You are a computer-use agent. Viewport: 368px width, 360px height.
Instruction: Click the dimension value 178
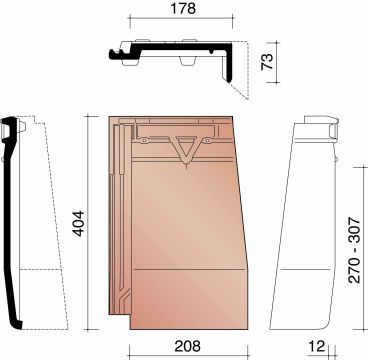tap(183, 8)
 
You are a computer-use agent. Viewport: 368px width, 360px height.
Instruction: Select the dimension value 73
tap(267, 61)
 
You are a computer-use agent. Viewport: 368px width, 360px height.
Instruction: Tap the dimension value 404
tap(79, 223)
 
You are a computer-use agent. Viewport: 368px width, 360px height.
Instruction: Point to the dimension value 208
tap(188, 346)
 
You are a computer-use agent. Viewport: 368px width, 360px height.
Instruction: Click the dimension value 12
tap(315, 346)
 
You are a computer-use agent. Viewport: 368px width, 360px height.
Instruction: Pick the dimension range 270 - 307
tap(354, 250)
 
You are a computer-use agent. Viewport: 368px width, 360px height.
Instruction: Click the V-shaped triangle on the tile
tap(186, 149)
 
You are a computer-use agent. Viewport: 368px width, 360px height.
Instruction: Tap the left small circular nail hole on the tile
tap(144, 141)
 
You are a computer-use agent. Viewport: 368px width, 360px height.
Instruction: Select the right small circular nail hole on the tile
tap(207, 141)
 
